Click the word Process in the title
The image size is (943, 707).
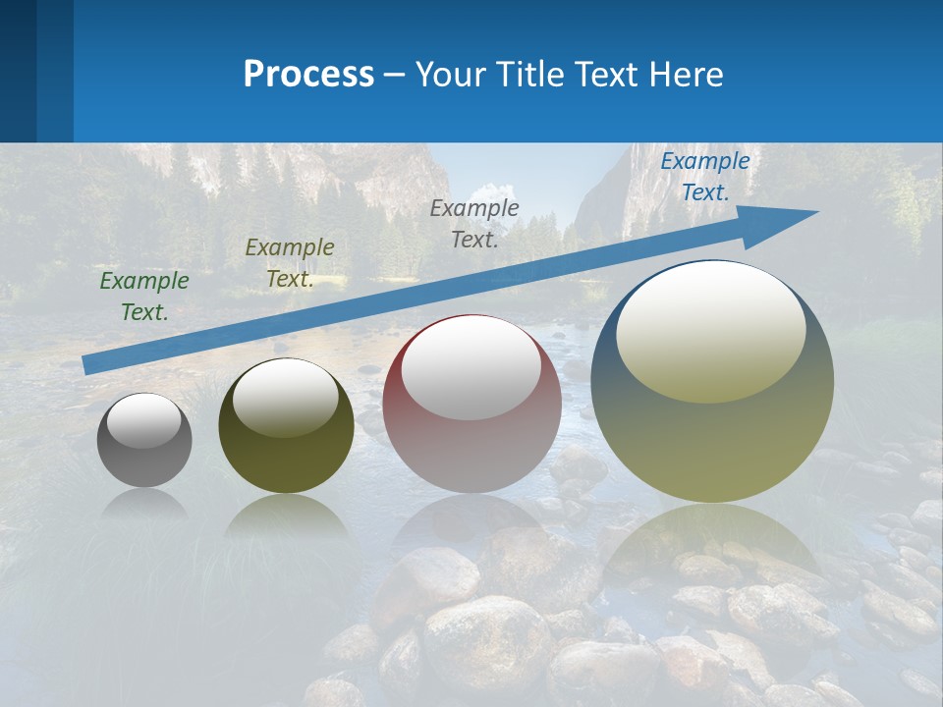coord(308,75)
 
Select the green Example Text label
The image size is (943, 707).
coord(144,297)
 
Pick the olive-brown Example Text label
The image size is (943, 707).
coord(290,263)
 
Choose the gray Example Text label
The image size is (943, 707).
coord(474,224)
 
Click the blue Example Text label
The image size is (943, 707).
coord(704,177)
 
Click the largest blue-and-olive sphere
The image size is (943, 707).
coord(712,432)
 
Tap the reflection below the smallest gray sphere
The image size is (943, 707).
coord(144,504)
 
